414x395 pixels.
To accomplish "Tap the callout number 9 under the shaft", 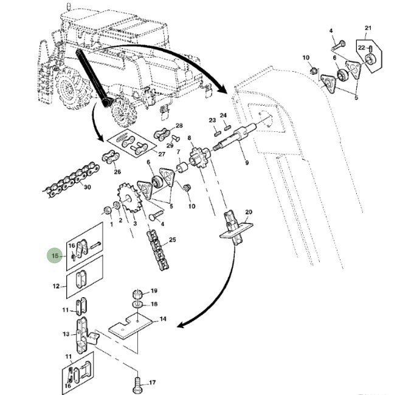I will click(246, 162).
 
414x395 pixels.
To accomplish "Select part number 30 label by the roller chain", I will click(88, 188).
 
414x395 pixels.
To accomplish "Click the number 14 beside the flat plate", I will click(162, 319).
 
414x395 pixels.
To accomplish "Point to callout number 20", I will click(248, 211).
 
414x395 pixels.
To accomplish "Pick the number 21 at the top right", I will click(368, 29).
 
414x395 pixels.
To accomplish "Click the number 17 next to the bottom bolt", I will click(153, 383).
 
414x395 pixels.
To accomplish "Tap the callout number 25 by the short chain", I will click(173, 241).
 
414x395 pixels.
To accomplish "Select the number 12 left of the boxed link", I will click(55, 286).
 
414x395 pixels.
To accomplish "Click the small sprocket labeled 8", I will click(198, 159).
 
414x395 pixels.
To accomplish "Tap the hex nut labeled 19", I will click(137, 294).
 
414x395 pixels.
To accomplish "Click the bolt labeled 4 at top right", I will click(337, 44).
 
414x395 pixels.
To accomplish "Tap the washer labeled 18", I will click(137, 303).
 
